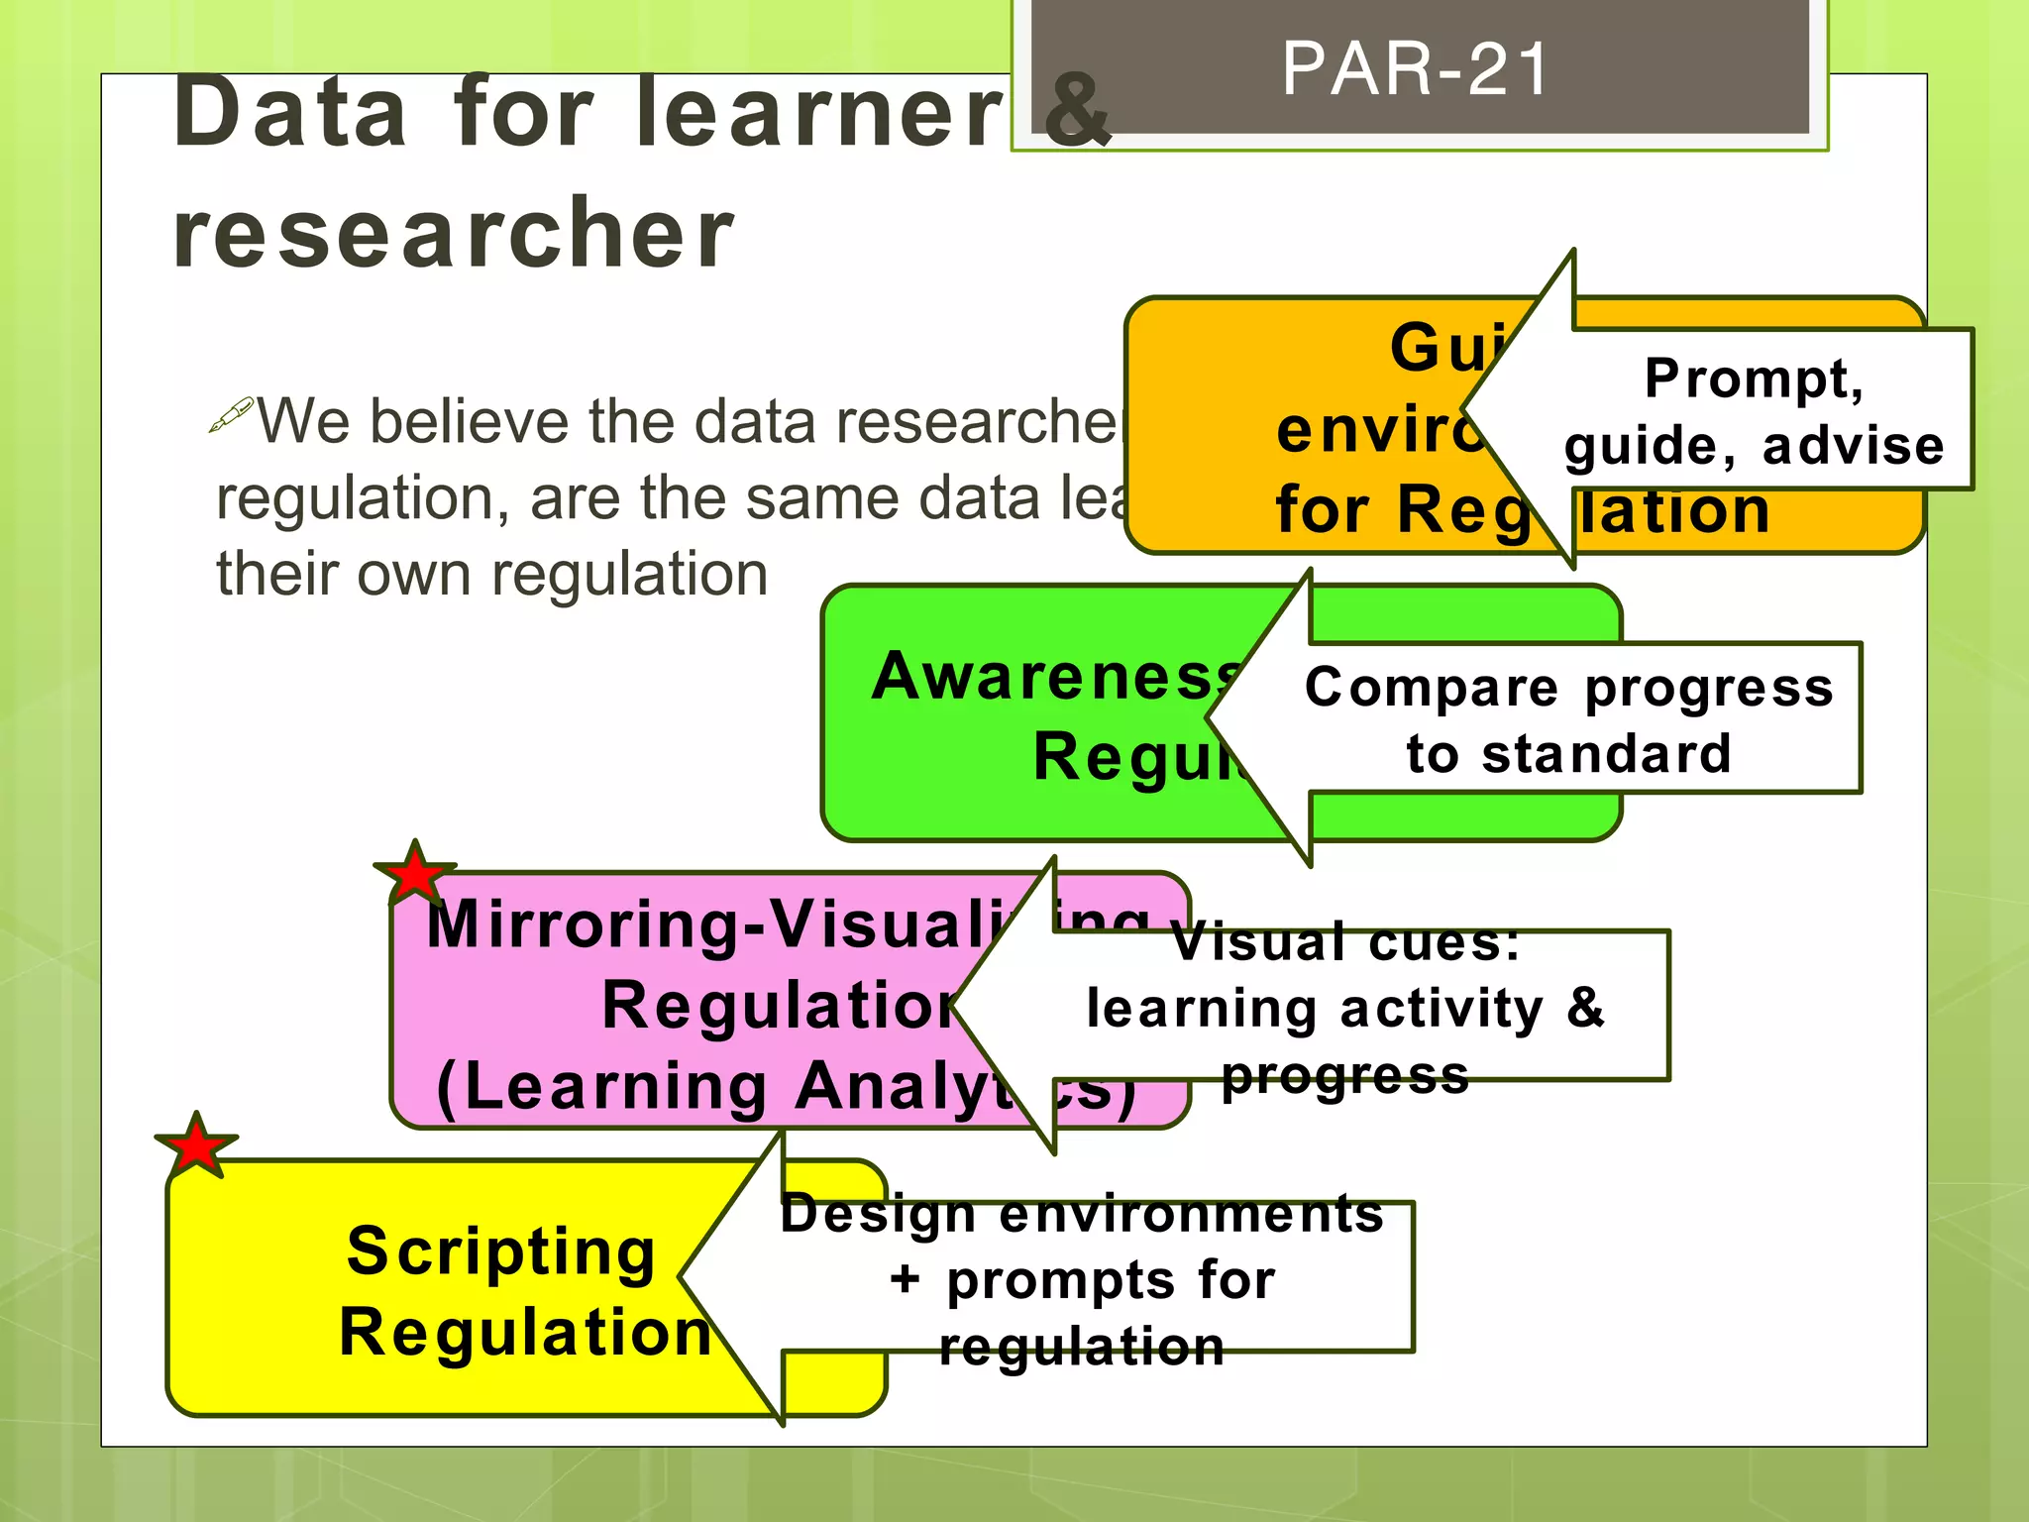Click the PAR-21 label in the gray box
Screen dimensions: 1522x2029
(1415, 69)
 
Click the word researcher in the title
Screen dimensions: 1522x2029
(454, 234)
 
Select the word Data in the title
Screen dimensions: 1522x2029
(290, 113)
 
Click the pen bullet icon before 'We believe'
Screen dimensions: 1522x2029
(232, 415)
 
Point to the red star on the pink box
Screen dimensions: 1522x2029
(415, 874)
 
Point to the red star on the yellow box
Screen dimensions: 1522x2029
(197, 1146)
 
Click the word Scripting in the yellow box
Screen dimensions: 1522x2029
(501, 1251)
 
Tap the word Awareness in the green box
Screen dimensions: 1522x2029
(1056, 678)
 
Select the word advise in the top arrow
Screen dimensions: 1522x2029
(1854, 446)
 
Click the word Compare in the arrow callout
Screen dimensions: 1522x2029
(1432, 688)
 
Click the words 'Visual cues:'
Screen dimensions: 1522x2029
(1345, 941)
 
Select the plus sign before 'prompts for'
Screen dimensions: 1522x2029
(904, 1279)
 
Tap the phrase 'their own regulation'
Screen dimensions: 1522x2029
(492, 575)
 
